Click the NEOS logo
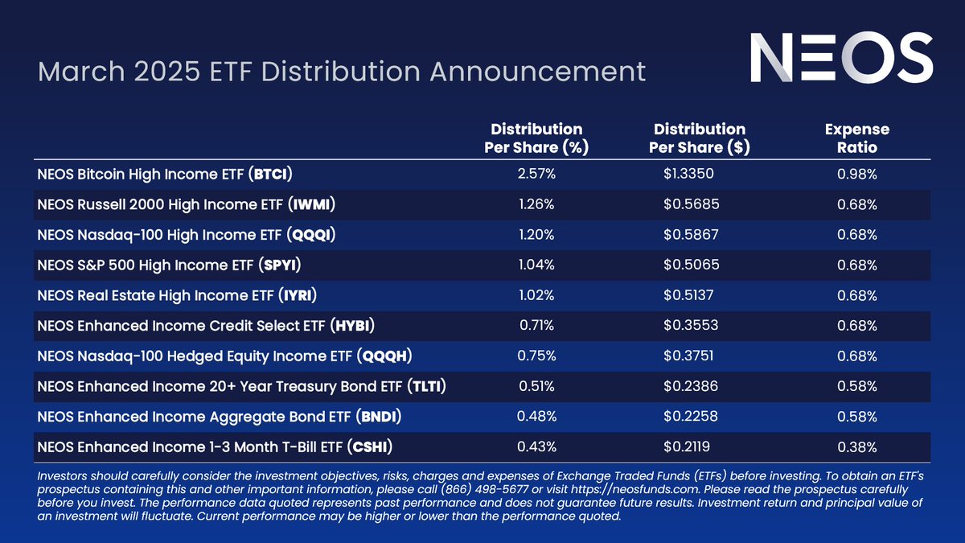pyautogui.click(x=841, y=60)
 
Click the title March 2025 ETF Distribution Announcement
pyautogui.click(x=342, y=71)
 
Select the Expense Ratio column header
pyautogui.click(x=856, y=138)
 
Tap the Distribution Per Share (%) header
pyautogui.click(x=536, y=138)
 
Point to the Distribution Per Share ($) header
pyautogui.click(x=699, y=138)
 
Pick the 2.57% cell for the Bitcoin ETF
pyautogui.click(x=536, y=174)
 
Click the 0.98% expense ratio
pyautogui.click(x=856, y=174)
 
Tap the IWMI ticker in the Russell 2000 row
pyautogui.click(x=310, y=204)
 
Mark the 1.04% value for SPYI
pyautogui.click(x=536, y=265)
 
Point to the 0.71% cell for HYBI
pyautogui.click(x=536, y=326)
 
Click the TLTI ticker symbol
pyautogui.click(x=426, y=387)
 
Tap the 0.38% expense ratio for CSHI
pyautogui.click(x=856, y=447)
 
